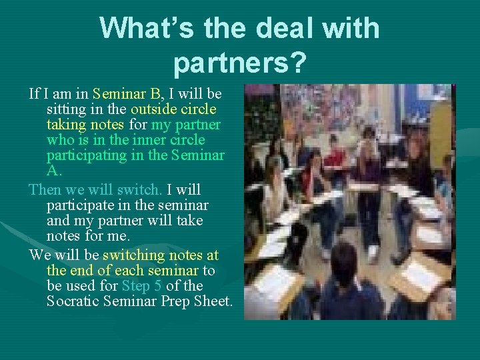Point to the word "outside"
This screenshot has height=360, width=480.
coord(153,109)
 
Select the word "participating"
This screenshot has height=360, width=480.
coord(86,155)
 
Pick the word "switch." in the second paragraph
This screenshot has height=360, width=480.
coord(143,190)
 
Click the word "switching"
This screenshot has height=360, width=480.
coord(133,255)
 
